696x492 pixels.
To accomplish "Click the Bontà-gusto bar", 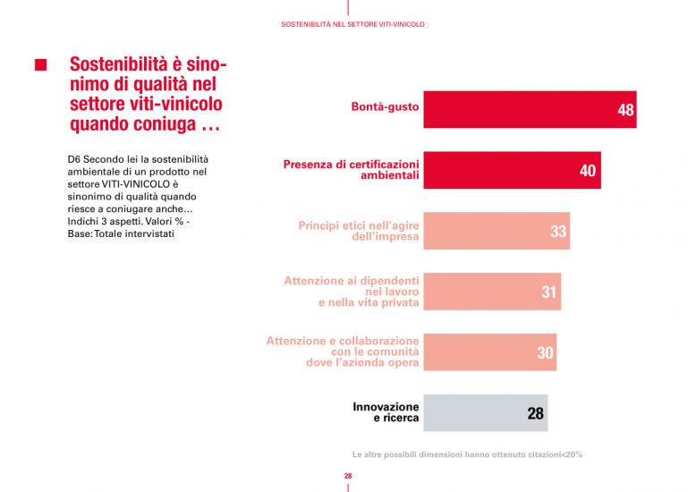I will [529, 109].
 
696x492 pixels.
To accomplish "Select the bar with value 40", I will [511, 170].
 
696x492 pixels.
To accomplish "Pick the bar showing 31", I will [491, 292].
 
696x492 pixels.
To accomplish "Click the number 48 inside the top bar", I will [625, 110].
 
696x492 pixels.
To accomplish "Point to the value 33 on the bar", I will [558, 232].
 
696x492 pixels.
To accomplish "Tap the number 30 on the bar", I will [545, 353].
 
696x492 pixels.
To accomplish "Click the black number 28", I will [535, 414].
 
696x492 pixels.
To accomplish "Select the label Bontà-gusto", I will [385, 109].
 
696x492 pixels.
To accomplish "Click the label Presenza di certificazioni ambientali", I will [351, 170].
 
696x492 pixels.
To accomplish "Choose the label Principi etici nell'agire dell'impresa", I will [358, 232].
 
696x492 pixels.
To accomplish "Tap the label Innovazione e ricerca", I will [386, 412].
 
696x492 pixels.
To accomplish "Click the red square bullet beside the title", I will [39, 65].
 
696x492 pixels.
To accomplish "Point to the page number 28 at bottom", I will [348, 477].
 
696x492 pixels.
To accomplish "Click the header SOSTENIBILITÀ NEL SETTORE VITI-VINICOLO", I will [352, 24].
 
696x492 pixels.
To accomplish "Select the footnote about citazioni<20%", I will [467, 454].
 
